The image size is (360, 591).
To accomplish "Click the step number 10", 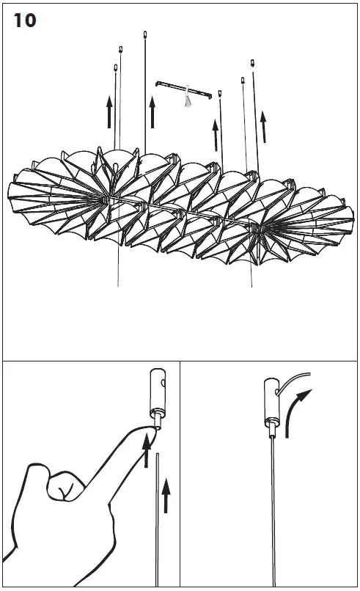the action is coord(25,21).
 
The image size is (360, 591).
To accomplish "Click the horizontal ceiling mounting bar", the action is coord(184,89).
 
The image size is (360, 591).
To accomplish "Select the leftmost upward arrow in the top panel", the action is coord(109,112).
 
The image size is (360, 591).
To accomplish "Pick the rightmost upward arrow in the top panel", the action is coord(263,127).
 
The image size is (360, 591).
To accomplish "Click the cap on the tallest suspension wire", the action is coord(144,34).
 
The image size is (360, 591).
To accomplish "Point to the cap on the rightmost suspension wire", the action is coord(252,62).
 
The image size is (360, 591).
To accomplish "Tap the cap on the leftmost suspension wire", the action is coord(116,67).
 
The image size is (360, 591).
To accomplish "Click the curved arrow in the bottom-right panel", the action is coord(296,411).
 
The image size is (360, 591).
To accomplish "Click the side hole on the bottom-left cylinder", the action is coord(163,383).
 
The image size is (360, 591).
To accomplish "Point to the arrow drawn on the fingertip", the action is coord(147,450).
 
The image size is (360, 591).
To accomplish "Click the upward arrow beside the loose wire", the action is coord(166,495).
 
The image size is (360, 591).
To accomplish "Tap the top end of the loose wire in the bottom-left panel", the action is coord(157,454).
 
